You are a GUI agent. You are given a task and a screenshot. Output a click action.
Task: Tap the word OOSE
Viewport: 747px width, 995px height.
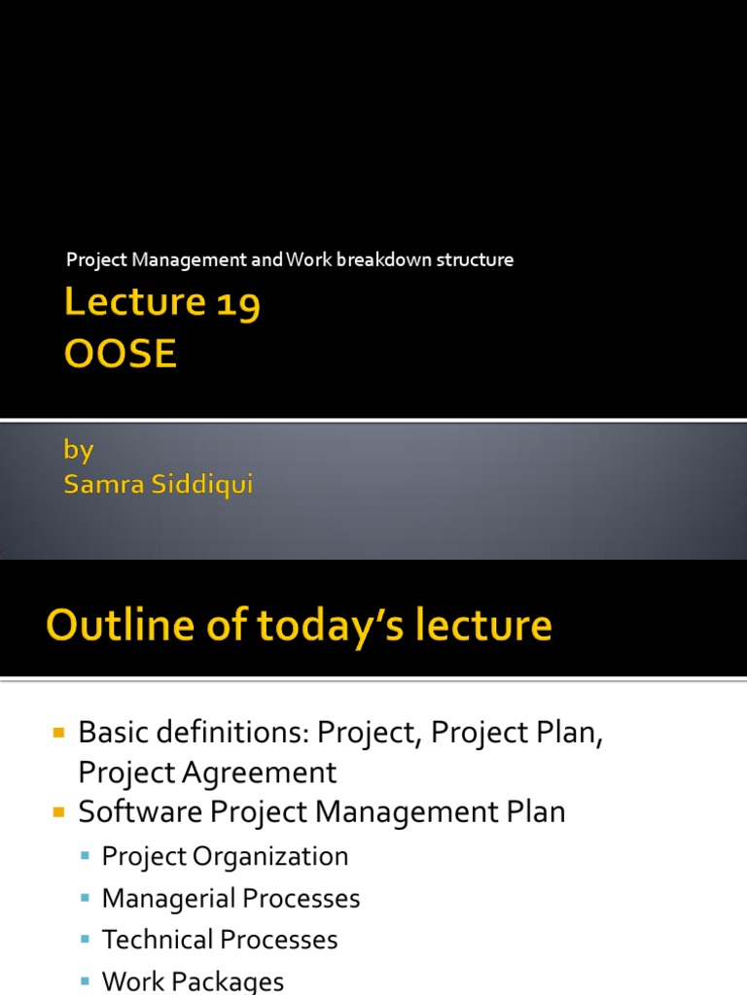click(x=121, y=354)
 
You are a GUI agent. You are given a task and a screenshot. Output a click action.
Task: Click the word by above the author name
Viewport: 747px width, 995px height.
click(x=78, y=450)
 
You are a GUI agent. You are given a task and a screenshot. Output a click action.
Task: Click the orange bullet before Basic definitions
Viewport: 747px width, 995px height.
click(x=58, y=730)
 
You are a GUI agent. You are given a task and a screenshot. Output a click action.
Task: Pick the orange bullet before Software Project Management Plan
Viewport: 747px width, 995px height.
click(x=58, y=809)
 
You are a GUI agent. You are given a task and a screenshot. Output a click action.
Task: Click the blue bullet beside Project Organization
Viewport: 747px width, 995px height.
click(x=87, y=855)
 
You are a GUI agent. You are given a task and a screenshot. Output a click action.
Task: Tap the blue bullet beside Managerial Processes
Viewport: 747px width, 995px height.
click(x=87, y=897)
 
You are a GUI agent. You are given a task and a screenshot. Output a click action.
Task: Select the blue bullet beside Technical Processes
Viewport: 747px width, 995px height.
click(x=87, y=939)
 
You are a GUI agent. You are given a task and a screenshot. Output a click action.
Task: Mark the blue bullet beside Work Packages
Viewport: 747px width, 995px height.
click(x=87, y=980)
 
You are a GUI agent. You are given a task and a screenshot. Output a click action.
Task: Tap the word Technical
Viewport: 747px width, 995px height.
click(x=159, y=940)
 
